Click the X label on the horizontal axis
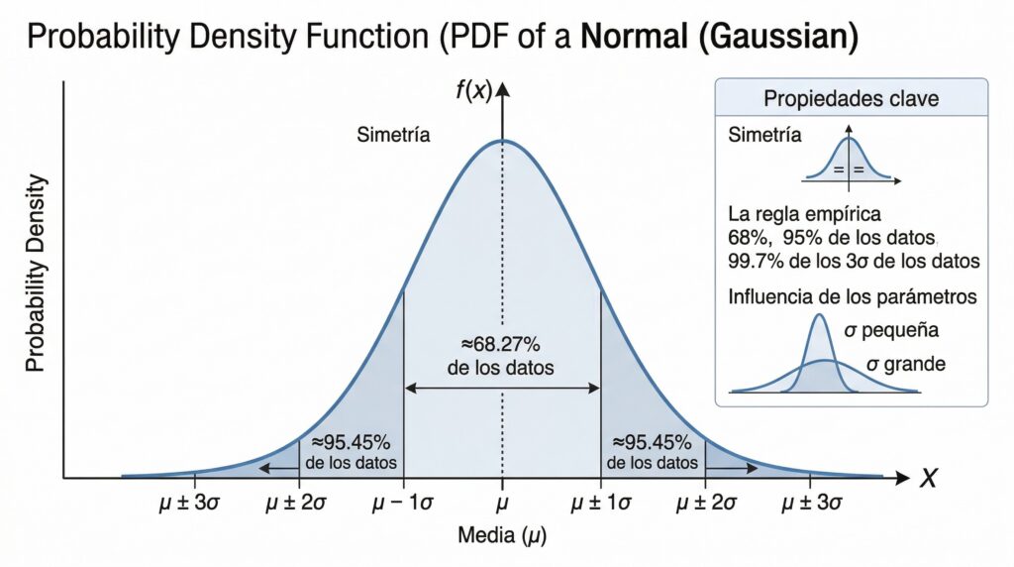(928, 480)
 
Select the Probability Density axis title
(37, 273)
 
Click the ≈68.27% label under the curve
(501, 345)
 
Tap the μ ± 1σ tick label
(601, 504)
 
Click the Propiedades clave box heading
(852, 99)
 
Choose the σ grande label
(905, 364)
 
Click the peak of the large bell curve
(503, 140)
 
